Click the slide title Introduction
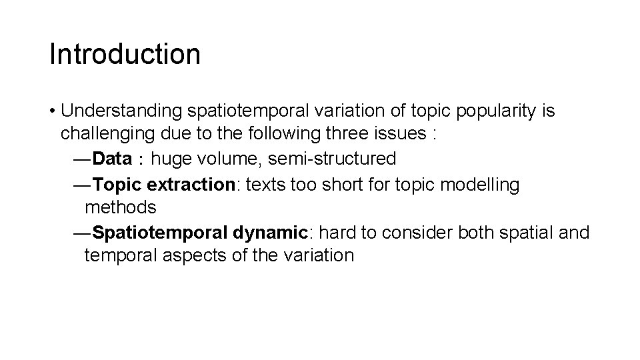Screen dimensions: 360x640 [125, 54]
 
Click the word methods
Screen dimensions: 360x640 [121, 207]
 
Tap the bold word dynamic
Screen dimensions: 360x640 [271, 233]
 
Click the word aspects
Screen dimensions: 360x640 [193, 255]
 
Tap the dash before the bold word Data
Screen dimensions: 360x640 [81, 159]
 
